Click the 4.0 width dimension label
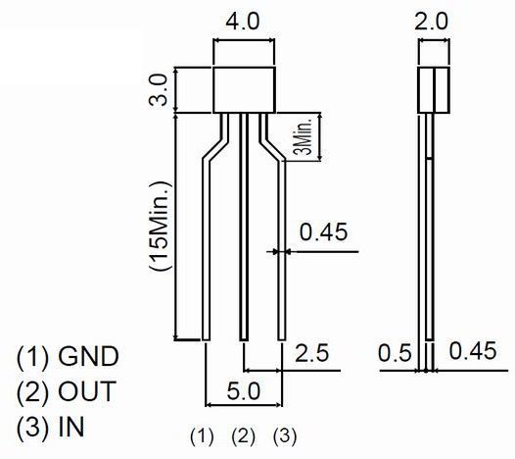(243, 22)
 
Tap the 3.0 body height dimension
(159, 90)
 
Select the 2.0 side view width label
(431, 22)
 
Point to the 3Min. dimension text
(305, 137)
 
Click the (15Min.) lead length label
(161, 226)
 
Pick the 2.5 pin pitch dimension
(311, 353)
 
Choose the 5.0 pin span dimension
(244, 391)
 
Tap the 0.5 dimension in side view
(395, 353)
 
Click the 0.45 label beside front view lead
(323, 231)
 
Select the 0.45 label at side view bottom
(473, 351)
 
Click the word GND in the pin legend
(88, 356)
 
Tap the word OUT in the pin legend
(87, 391)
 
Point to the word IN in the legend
(71, 427)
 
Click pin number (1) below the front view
(202, 436)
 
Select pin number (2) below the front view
(243, 436)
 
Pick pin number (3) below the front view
(285, 436)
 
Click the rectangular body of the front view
(244, 90)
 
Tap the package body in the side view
(434, 90)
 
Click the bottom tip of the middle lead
(244, 340)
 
